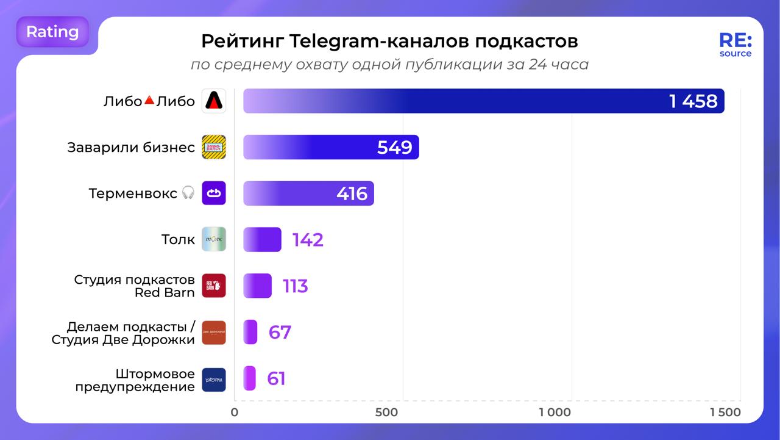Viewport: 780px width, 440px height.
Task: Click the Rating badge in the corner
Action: [x=52, y=32]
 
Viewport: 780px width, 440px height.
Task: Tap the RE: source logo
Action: [x=735, y=45]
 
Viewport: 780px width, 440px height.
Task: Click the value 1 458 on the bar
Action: [x=693, y=101]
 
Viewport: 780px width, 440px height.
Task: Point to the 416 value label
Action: [x=352, y=193]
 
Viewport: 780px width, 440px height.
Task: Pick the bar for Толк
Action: [x=262, y=239]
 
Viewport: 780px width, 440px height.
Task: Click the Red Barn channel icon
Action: [x=214, y=286]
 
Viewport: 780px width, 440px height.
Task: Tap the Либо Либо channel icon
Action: [x=214, y=101]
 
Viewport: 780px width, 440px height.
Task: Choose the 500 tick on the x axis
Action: [x=386, y=413]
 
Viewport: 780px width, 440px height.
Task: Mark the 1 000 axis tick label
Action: [x=555, y=413]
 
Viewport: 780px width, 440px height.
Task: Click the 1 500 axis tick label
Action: [x=725, y=413]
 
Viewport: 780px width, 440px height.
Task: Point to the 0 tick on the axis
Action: [x=235, y=413]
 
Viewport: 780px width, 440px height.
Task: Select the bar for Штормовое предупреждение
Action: [x=249, y=378]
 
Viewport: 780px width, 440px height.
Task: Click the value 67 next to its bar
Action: [x=280, y=333]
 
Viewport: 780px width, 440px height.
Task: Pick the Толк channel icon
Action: [x=214, y=239]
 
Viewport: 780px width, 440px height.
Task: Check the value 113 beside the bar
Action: [x=296, y=286]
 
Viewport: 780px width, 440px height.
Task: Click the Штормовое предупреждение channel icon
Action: [x=214, y=379]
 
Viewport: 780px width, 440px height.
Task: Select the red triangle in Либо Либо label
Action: [x=149, y=100]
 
